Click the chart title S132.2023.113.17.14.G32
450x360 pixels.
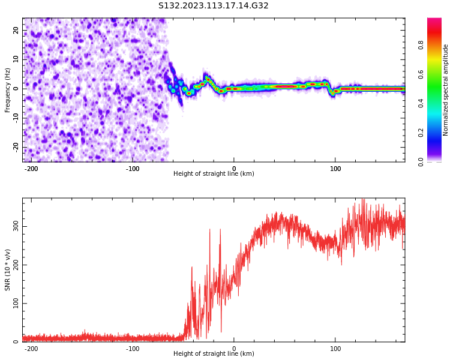(213, 6)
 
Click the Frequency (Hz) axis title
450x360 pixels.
(8, 90)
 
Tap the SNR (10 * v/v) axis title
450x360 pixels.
(8, 270)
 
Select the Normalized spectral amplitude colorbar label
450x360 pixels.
(446, 90)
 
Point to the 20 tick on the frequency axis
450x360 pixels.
(16, 30)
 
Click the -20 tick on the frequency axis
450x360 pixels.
(14, 147)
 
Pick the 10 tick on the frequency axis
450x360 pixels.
(16, 59)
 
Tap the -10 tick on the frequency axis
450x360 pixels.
(14, 118)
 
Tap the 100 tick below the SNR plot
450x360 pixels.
(335, 349)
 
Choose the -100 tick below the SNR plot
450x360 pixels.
(133, 349)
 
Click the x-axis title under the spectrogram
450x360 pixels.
(214, 174)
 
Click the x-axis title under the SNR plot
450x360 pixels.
(214, 354)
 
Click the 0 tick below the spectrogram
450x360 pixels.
(234, 169)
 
